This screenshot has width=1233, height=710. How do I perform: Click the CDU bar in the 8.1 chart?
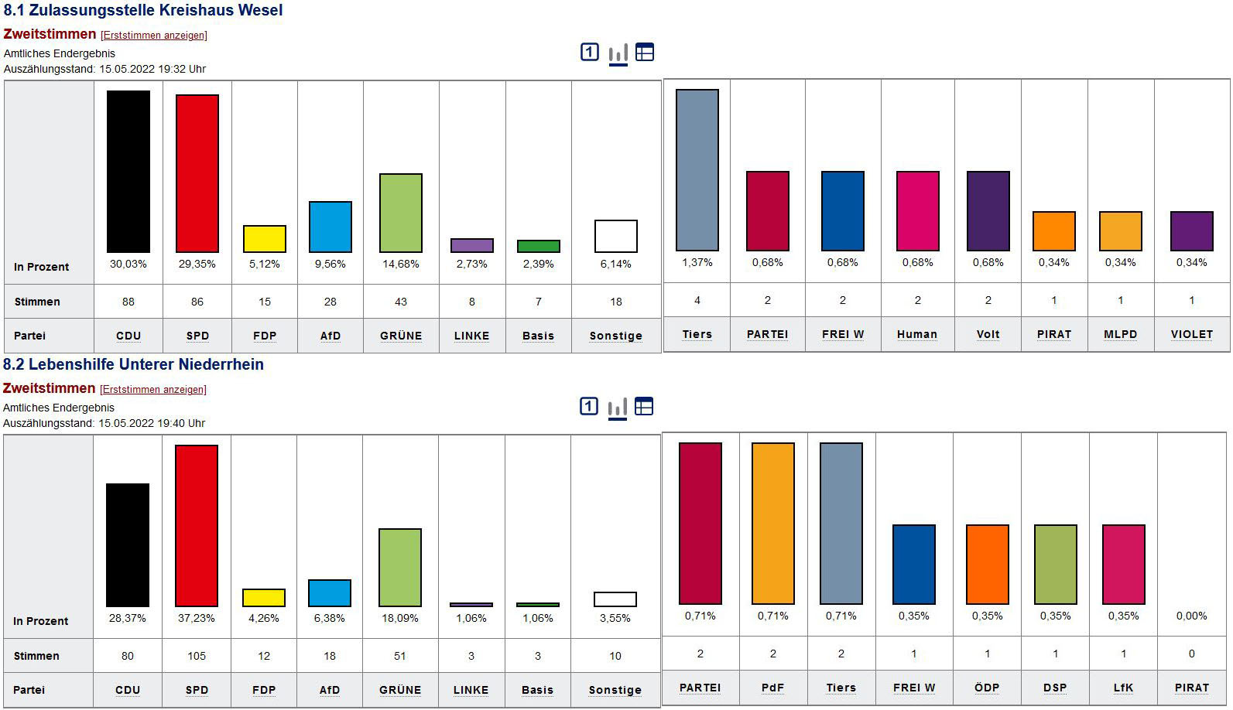point(128,171)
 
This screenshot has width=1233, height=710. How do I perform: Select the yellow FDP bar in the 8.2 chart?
point(264,597)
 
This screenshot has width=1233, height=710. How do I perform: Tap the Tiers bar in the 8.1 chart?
point(697,169)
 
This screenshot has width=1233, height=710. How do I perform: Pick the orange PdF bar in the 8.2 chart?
point(773,523)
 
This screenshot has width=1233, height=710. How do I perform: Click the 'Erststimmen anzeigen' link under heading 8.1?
point(154,36)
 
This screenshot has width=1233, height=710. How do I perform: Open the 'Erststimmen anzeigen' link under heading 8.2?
point(153,390)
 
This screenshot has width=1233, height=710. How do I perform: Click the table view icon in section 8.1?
point(645,52)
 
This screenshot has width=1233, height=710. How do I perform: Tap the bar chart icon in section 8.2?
point(618,408)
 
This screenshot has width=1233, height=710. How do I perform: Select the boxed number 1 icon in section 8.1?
point(590,52)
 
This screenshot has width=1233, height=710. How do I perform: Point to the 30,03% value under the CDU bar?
point(128,264)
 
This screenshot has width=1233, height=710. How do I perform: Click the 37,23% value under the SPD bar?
point(197,618)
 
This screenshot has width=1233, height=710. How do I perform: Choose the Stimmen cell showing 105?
point(197,656)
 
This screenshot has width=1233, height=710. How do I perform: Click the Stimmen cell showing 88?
point(128,302)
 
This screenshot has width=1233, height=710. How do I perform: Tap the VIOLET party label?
point(1192,334)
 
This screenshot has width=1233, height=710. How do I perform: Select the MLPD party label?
point(1121,334)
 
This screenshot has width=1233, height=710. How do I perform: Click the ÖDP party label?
point(988,688)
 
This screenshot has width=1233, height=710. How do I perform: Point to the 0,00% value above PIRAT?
point(1192,616)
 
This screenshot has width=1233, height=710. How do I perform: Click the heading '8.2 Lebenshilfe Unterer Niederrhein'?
point(133,364)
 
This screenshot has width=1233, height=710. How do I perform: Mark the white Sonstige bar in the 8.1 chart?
point(616,236)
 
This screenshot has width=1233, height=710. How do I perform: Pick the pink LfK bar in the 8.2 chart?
point(1124,564)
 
